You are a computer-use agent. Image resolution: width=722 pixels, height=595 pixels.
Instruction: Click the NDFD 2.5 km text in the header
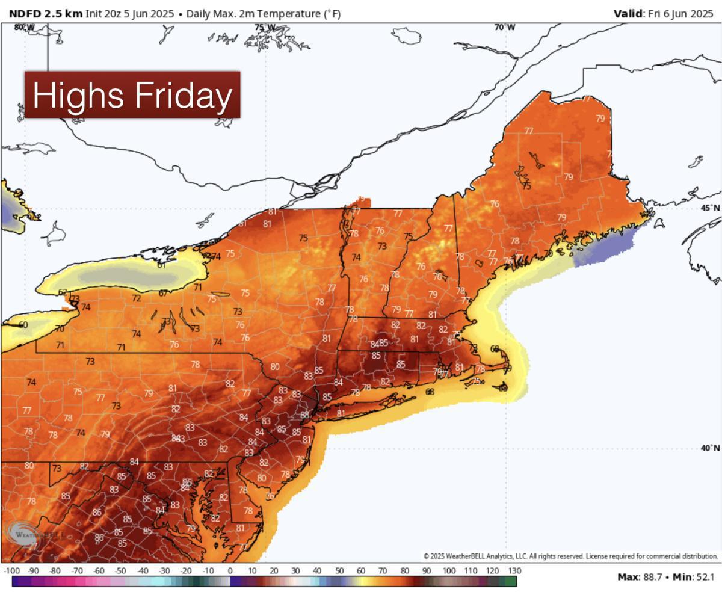(x=46, y=14)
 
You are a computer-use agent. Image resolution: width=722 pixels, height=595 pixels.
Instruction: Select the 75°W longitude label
(x=265, y=28)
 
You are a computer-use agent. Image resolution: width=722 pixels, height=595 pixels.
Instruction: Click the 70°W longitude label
(x=504, y=28)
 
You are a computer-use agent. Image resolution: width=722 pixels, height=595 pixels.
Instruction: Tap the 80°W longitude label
(x=24, y=28)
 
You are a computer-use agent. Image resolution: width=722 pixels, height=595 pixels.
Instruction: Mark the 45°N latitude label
(x=710, y=208)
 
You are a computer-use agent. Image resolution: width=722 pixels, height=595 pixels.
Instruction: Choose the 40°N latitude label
(x=710, y=448)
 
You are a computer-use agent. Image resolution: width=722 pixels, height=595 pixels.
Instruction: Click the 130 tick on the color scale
(x=514, y=571)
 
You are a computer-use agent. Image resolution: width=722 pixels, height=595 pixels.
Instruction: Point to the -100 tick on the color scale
(x=12, y=571)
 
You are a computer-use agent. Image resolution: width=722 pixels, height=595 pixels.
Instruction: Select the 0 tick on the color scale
(x=230, y=571)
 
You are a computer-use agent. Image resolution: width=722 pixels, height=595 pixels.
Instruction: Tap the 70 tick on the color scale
(x=383, y=571)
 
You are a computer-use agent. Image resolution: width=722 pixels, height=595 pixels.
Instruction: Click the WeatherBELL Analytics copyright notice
(x=570, y=556)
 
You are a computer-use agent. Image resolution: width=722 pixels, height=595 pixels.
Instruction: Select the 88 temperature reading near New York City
(x=305, y=415)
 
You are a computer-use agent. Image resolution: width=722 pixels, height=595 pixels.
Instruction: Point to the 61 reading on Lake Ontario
(x=161, y=265)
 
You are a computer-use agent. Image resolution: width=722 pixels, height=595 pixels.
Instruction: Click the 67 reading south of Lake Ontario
(x=163, y=294)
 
